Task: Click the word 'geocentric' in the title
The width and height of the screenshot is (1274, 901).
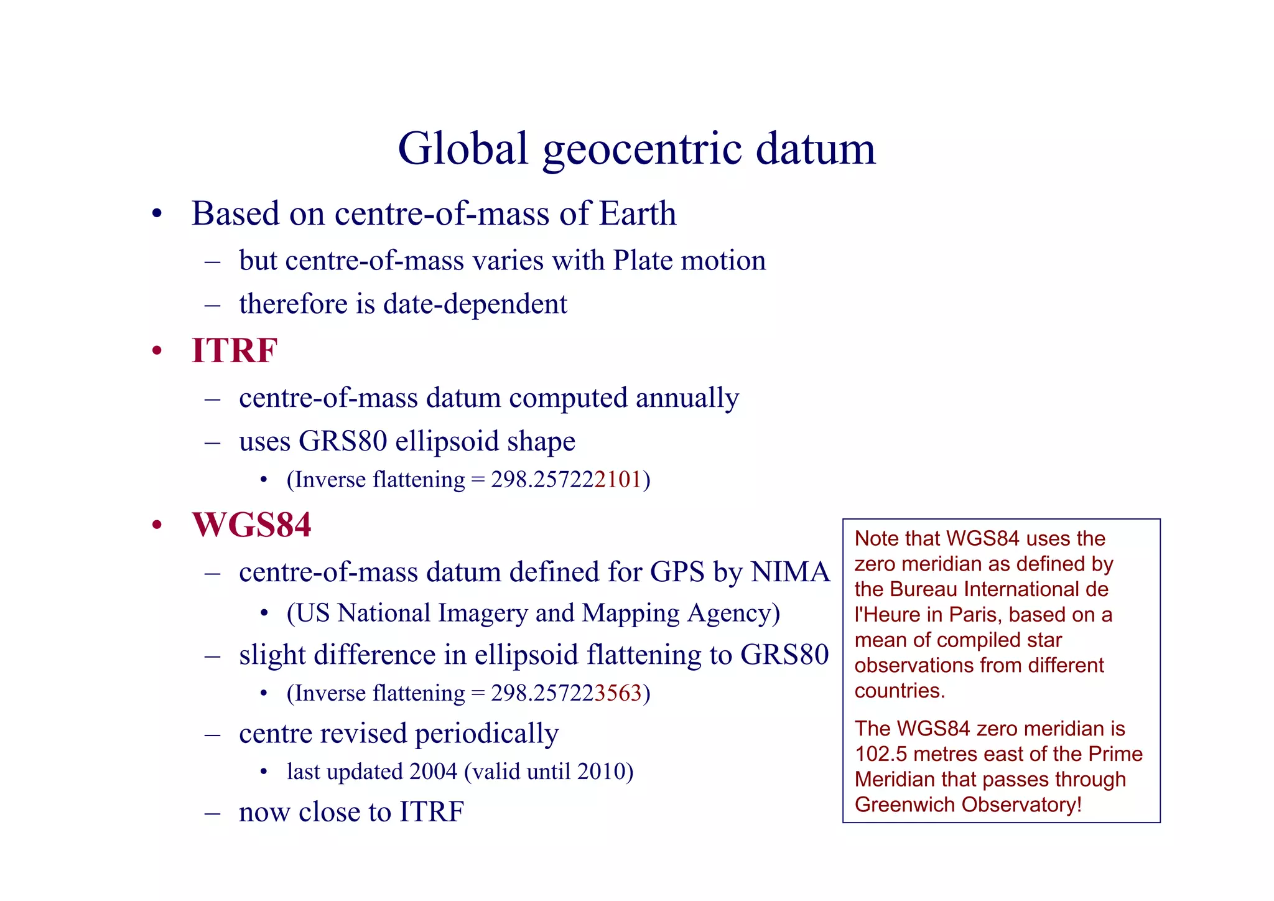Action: coord(642,149)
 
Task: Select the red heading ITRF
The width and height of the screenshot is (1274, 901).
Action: coord(235,350)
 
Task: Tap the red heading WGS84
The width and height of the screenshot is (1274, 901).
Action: coord(251,525)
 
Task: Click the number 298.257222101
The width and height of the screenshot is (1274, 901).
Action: coord(565,480)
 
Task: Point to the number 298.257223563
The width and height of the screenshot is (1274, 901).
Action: coord(565,693)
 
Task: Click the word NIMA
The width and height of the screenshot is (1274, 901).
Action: coord(790,572)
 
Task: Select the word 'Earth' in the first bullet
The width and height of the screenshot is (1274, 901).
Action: coord(638,213)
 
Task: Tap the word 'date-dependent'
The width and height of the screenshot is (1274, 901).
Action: coord(475,304)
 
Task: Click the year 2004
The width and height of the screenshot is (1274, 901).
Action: coord(434,772)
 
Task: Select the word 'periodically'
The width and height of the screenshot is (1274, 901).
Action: coord(486,734)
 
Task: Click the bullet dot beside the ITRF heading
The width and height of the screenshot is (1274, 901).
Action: coord(157,352)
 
